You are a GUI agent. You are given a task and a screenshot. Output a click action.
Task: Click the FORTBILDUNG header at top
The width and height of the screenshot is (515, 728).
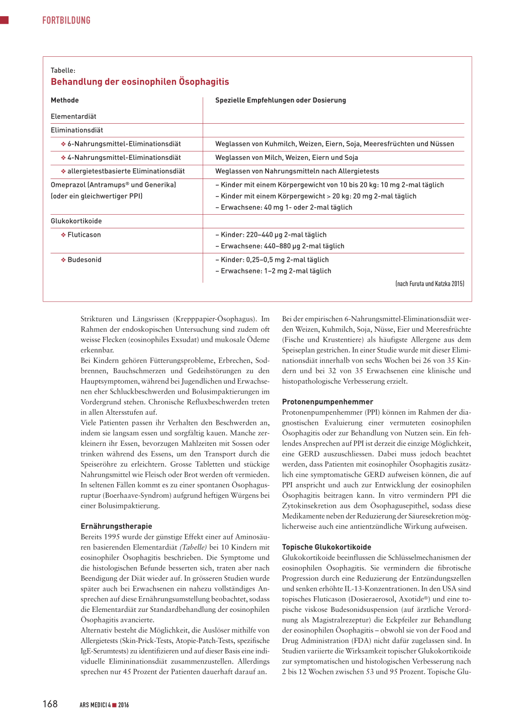(x=66, y=21)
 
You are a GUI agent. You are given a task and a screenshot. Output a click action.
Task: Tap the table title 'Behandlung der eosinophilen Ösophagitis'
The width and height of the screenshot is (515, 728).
(x=140, y=82)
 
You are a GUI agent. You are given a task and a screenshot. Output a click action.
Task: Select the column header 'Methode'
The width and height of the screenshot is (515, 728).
(x=65, y=101)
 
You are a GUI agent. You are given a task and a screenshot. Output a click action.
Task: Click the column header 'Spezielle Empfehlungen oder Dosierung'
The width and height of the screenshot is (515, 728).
(x=281, y=101)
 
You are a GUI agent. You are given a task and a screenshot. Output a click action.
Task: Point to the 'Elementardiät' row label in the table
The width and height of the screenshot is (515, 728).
(x=73, y=117)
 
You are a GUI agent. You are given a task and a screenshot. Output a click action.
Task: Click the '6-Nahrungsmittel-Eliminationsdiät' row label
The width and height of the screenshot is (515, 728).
(x=124, y=144)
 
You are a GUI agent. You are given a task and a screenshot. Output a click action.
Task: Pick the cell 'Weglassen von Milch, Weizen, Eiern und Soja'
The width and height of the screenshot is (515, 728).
(x=287, y=158)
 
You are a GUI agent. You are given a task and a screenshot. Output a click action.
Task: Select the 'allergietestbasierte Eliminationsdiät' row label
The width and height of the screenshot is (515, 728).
(x=126, y=171)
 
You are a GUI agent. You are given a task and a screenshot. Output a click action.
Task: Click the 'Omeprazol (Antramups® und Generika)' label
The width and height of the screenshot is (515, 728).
(x=114, y=185)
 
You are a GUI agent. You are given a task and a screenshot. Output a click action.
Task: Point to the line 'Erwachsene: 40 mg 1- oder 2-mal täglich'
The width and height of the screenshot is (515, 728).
(x=286, y=208)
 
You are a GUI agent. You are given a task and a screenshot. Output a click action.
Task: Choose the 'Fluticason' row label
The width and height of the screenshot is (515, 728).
(x=84, y=235)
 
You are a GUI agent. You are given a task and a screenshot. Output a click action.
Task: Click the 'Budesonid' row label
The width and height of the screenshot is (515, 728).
(x=84, y=260)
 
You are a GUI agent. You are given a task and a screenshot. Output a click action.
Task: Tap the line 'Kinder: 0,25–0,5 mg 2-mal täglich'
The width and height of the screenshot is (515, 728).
(x=275, y=260)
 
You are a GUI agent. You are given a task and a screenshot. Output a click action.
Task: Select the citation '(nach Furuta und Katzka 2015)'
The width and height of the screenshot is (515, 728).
(x=430, y=284)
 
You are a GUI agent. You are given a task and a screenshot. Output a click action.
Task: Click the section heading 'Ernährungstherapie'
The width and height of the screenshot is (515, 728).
(x=116, y=526)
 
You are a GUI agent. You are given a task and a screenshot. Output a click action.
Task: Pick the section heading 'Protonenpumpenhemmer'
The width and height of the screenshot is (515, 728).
(x=327, y=402)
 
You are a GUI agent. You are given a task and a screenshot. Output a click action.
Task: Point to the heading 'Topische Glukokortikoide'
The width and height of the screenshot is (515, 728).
(x=326, y=547)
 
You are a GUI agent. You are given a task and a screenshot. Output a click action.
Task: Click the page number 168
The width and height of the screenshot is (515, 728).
(x=50, y=704)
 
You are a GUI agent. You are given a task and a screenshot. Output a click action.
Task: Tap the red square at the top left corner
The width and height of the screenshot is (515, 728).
(x=5, y=20)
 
